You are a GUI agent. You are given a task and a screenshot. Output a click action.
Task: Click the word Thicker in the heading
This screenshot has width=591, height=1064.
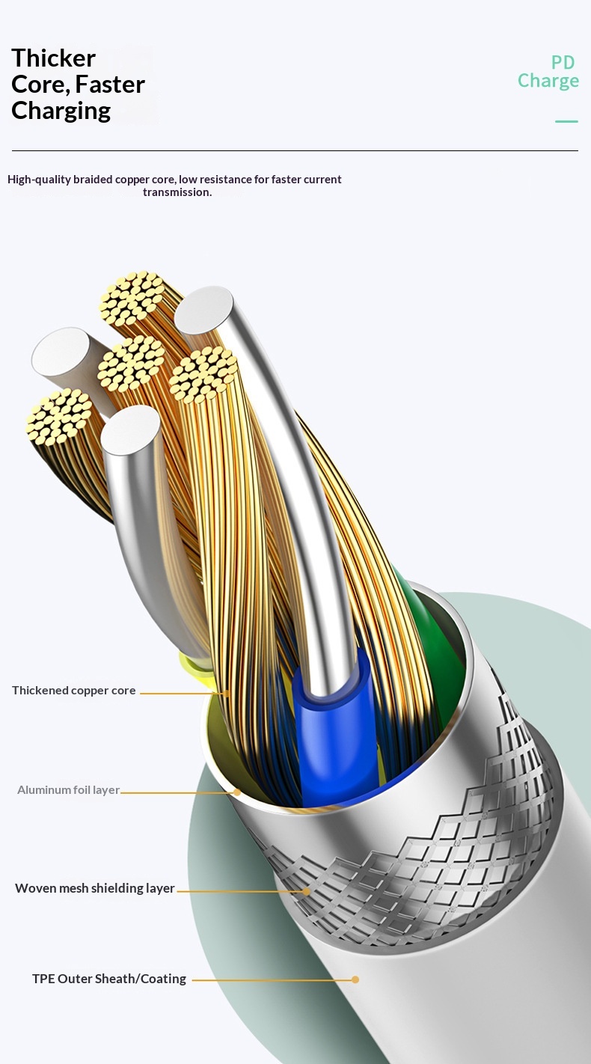click(x=53, y=58)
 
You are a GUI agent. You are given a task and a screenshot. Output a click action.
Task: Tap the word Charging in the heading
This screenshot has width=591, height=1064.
click(x=61, y=111)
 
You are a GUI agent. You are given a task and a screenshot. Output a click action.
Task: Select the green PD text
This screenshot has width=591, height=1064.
click(x=563, y=62)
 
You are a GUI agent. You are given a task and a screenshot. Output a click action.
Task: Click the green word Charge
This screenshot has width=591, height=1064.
click(x=548, y=82)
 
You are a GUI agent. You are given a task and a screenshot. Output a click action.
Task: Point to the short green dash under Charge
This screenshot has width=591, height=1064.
click(x=566, y=122)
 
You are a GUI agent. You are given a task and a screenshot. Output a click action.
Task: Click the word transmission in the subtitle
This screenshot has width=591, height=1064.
click(x=177, y=192)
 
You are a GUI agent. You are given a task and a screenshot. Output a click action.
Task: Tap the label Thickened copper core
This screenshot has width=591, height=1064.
click(x=73, y=691)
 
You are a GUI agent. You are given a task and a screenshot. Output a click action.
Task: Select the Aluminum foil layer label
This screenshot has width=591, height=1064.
click(x=68, y=790)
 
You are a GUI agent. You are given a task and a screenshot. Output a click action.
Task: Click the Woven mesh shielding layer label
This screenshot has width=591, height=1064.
click(x=95, y=888)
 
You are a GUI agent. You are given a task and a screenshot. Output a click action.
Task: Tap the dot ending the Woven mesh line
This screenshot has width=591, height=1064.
click(x=307, y=892)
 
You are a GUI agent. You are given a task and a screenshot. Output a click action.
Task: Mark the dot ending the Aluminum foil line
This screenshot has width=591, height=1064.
click(x=237, y=792)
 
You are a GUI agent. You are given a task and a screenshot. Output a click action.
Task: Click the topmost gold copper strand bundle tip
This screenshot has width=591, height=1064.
click(x=132, y=299)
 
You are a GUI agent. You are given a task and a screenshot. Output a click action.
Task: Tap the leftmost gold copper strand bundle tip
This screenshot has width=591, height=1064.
click(x=59, y=417)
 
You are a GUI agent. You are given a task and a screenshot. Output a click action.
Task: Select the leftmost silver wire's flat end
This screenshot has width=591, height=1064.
click(x=61, y=352)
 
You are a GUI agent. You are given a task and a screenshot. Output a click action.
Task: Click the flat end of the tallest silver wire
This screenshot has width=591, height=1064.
click(x=203, y=311)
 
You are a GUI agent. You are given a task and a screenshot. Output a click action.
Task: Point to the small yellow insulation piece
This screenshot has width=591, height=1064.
click(x=196, y=666)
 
